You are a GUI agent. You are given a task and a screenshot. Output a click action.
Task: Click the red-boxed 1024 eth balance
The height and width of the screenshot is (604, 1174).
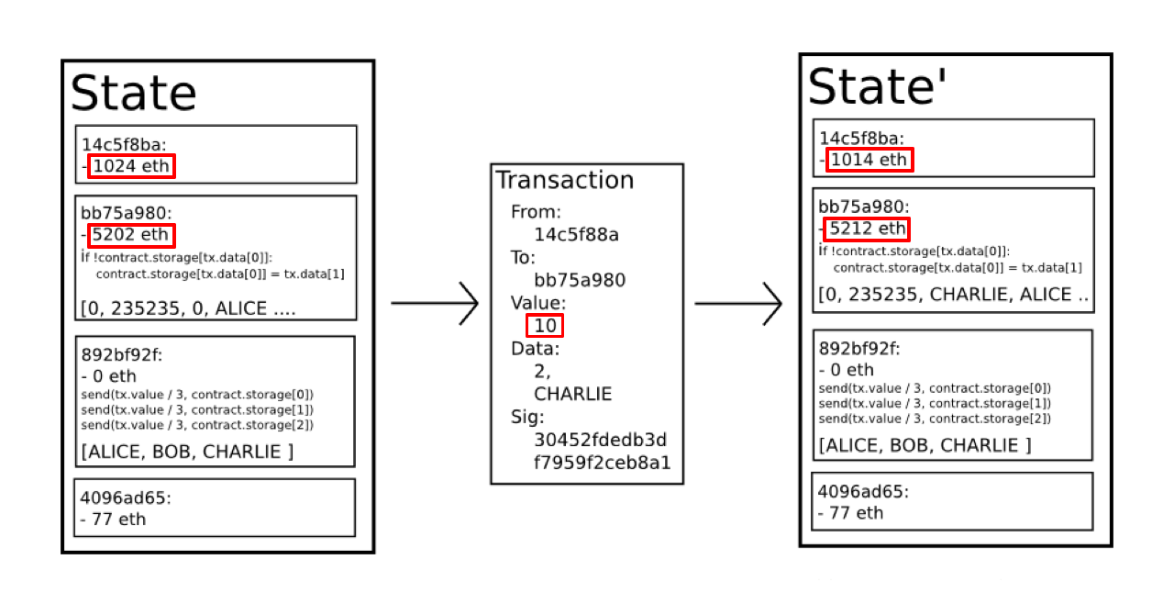click(x=131, y=167)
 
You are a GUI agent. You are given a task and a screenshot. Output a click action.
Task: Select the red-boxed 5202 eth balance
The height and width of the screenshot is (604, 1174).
click(x=131, y=235)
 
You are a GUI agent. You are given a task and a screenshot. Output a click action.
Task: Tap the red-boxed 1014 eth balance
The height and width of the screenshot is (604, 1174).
click(x=869, y=161)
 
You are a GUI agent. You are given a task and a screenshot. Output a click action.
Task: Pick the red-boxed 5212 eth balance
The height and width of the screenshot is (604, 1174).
click(x=869, y=229)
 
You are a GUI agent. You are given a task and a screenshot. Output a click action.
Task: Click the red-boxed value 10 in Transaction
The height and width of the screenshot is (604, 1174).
click(x=544, y=326)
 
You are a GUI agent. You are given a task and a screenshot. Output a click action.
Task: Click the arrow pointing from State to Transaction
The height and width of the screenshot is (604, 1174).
click(x=435, y=302)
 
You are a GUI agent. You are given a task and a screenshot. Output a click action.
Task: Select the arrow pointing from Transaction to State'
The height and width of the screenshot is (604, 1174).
click(x=738, y=302)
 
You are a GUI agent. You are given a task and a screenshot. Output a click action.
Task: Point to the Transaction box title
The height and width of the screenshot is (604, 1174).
click(x=564, y=180)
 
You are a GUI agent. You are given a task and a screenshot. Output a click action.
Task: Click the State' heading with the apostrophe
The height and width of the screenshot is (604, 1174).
click(x=878, y=86)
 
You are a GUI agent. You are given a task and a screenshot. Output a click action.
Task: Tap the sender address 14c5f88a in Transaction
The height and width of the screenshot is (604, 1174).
click(x=576, y=235)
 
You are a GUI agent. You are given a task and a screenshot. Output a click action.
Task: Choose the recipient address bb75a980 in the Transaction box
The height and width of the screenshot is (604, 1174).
click(x=580, y=280)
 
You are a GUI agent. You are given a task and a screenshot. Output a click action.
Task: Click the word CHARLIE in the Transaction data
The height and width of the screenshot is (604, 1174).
click(x=572, y=394)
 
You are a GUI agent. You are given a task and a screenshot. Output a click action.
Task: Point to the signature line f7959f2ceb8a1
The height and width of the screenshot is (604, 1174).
click(x=602, y=462)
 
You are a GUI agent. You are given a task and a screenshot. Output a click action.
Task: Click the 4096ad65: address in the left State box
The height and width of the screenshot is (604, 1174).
click(x=126, y=498)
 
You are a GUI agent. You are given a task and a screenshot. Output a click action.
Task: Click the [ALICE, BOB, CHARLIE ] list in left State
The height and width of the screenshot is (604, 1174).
click(x=187, y=452)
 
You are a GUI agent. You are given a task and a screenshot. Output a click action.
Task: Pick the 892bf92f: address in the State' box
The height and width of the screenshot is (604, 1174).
click(x=859, y=349)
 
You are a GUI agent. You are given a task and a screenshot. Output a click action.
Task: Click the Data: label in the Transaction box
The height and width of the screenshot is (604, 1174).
click(x=535, y=349)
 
